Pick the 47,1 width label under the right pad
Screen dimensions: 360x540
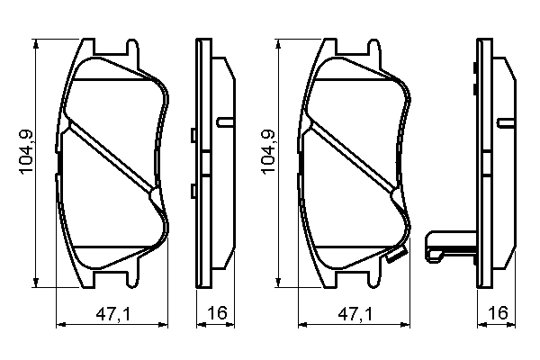tap(353, 314)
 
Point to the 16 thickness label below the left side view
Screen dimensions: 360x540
tap(214, 314)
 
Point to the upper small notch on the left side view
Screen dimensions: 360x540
tap(193, 136)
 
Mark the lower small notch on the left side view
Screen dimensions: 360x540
tap(193, 189)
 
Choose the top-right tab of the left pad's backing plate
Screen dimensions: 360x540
tap(132, 47)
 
